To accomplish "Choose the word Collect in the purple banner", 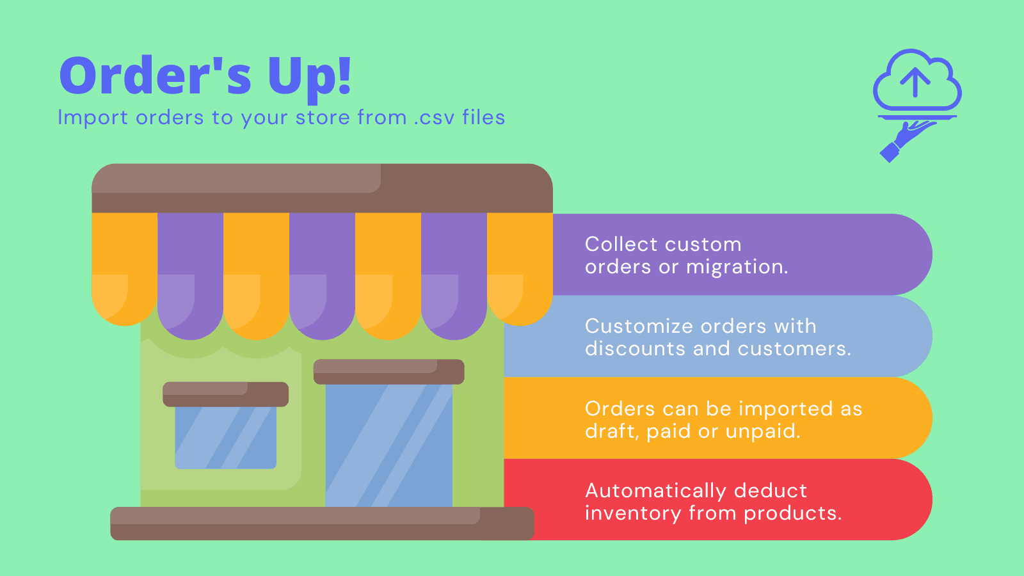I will click(x=621, y=244).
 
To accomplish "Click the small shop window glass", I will click(x=225, y=438).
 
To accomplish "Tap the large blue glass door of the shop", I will click(x=388, y=445).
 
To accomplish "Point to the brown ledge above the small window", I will click(x=225, y=394).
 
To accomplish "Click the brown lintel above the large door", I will click(x=388, y=371).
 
